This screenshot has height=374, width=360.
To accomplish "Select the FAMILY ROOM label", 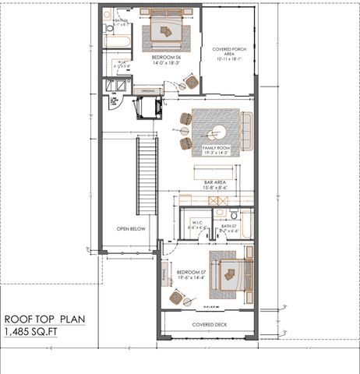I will click(216, 149).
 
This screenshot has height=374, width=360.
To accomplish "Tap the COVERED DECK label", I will click(208, 324).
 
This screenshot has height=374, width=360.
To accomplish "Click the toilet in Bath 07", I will click(232, 214).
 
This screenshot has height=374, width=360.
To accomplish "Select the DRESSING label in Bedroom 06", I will click(148, 91).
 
